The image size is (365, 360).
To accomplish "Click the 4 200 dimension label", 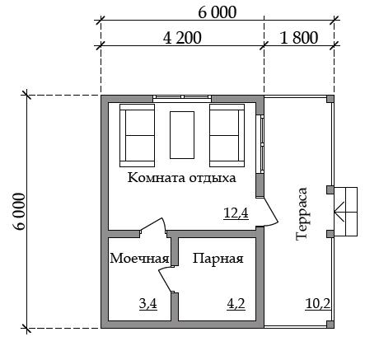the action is pyautogui.click(x=182, y=38).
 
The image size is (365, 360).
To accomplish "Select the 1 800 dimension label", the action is pyautogui.click(x=299, y=38).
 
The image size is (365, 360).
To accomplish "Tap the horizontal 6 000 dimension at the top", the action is pyautogui.click(x=218, y=12).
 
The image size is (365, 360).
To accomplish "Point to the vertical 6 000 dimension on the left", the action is pyautogui.click(x=19, y=211).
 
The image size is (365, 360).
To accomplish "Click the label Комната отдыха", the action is pyautogui.click(x=182, y=178).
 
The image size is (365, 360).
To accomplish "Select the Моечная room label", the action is pyautogui.click(x=139, y=259).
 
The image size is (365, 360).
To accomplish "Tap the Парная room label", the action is pyautogui.click(x=218, y=259).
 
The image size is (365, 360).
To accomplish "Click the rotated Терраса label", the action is pyautogui.click(x=302, y=214).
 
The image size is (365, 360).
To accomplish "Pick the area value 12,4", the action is pyautogui.click(x=236, y=213).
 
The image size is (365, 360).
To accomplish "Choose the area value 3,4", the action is pyautogui.click(x=148, y=304).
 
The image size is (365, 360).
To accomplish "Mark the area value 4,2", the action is pyautogui.click(x=236, y=304).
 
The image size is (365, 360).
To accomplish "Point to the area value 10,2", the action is pyautogui.click(x=318, y=304).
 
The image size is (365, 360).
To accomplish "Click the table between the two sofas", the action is pyautogui.click(x=182, y=135).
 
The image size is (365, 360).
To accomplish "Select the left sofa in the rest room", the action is pyautogui.click(x=137, y=135).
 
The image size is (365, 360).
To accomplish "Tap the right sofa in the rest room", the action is pyautogui.click(x=227, y=135).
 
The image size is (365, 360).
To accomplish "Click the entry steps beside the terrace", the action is pyautogui.click(x=345, y=212).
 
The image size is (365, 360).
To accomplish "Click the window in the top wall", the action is pyautogui.click(x=182, y=98).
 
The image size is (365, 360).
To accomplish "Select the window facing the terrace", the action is pyautogui.click(x=260, y=144).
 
